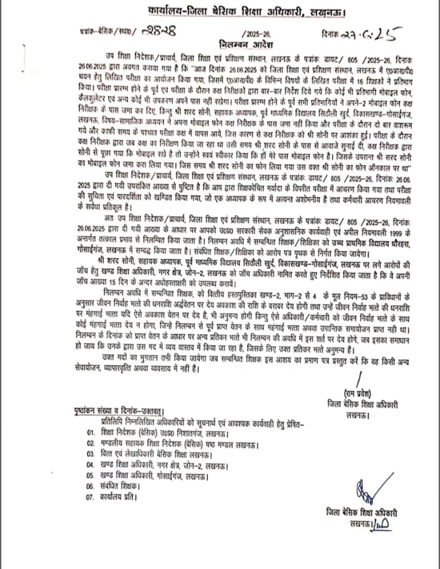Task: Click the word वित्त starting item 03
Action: (x=108, y=455)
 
